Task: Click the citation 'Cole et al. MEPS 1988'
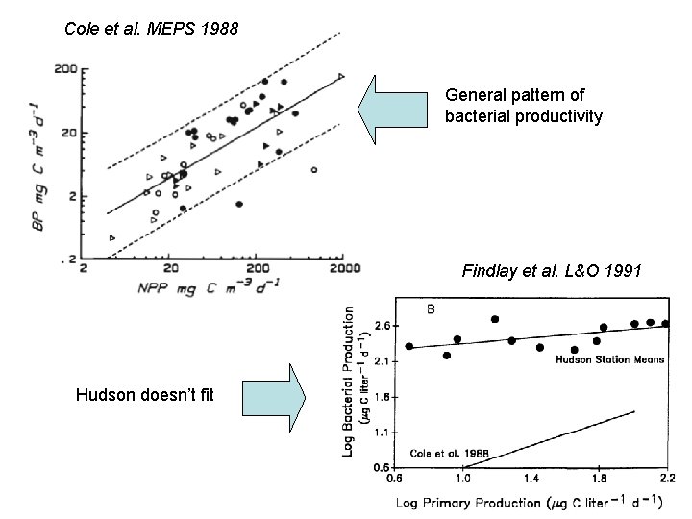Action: [150, 28]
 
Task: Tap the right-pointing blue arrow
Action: [273, 397]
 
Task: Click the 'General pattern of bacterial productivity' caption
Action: [524, 106]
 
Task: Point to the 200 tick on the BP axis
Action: [65, 69]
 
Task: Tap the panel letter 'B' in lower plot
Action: [430, 309]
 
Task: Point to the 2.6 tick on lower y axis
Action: [382, 327]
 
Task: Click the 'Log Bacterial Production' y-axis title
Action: [355, 380]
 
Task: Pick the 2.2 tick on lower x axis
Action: [667, 478]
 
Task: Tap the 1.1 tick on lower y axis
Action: [382, 432]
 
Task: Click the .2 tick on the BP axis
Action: [70, 259]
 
